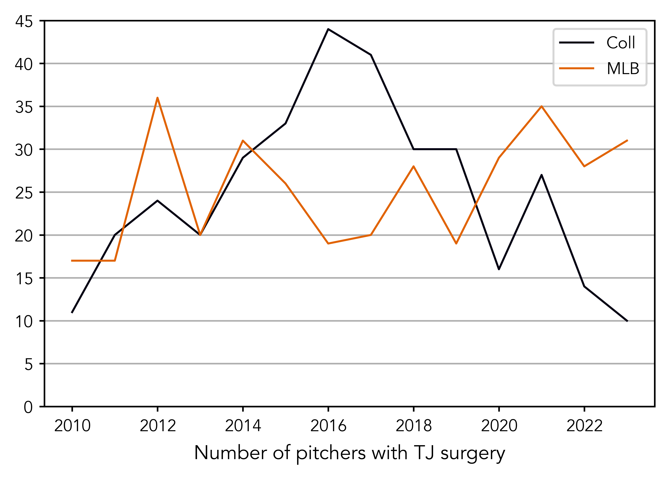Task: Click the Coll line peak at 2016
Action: [x=328, y=29]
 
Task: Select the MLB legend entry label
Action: [x=623, y=69]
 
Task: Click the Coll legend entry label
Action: [x=620, y=43]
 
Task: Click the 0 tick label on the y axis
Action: [x=28, y=407]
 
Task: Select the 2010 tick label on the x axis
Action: [x=72, y=426]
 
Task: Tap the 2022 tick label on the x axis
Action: [x=584, y=426]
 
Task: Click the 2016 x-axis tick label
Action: [x=328, y=426]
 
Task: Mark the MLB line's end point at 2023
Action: [x=627, y=141]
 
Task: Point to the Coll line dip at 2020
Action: [x=499, y=269]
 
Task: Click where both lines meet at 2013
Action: [x=200, y=235]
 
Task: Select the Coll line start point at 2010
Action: [x=72, y=312]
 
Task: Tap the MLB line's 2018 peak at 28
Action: [x=414, y=166]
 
